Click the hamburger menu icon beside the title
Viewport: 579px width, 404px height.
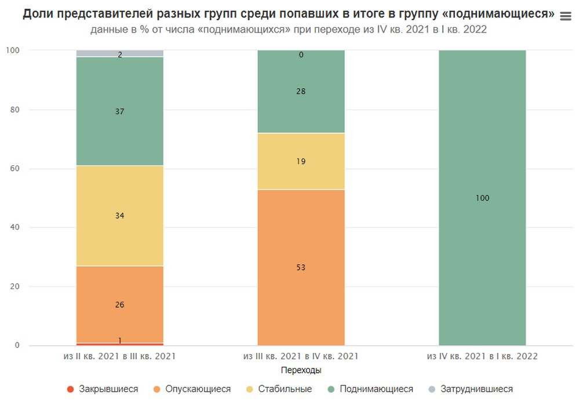click(x=566, y=17)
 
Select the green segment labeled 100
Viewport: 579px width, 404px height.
click(x=482, y=198)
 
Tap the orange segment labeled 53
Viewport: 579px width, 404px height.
click(x=301, y=268)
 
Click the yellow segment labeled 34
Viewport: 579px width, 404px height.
click(x=119, y=215)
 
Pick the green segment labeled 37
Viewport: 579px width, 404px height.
click(x=119, y=111)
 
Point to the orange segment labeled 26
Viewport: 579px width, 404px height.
click(x=119, y=304)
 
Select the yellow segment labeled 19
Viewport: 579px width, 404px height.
click(x=301, y=161)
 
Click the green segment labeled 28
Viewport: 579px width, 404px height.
click(x=301, y=92)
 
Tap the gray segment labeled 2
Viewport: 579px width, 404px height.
click(x=119, y=53)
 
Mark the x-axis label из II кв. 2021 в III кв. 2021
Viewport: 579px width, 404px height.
click(x=119, y=356)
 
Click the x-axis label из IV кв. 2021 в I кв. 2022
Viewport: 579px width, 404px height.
click(x=482, y=356)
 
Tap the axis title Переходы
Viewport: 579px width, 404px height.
click(x=301, y=370)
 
